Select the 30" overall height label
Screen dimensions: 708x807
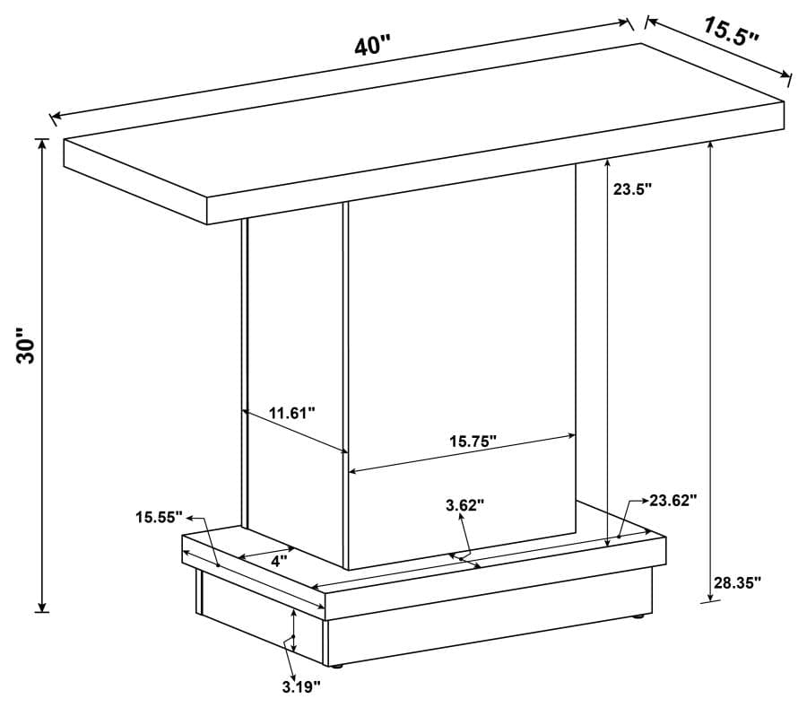pos(29,345)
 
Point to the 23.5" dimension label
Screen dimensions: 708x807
pos(632,189)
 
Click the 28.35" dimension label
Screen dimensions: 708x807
pos(737,582)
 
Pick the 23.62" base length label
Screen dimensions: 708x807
pos(673,500)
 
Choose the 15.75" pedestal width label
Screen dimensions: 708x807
pos(473,441)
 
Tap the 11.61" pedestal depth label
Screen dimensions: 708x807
pos(292,414)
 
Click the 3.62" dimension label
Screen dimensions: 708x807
pos(464,505)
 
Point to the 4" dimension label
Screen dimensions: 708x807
pos(278,562)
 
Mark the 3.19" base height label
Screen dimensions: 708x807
pos(301,686)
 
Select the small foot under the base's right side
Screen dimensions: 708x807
pos(638,616)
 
